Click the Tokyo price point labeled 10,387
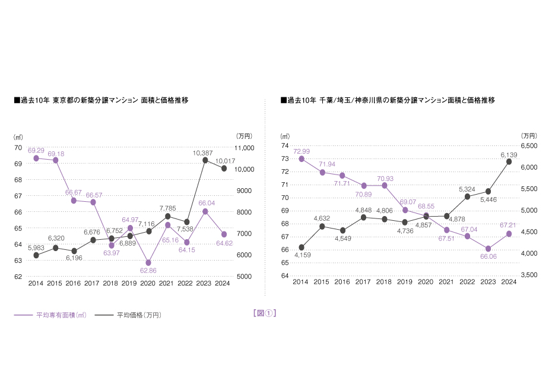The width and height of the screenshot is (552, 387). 205,160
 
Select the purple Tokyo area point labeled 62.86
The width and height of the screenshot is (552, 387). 148,262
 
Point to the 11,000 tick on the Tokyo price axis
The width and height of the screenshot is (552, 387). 245,148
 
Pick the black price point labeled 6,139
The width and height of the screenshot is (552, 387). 509,161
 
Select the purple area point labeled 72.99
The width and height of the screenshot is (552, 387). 302,159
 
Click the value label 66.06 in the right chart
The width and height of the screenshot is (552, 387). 488,256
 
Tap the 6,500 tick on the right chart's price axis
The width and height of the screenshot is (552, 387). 529,146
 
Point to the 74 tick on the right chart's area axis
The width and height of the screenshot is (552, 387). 284,146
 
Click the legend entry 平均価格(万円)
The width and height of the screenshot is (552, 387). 139,315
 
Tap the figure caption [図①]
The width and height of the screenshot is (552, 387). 265,313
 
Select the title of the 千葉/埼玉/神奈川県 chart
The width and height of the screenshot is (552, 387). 388,100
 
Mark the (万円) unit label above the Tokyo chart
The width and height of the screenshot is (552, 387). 243,136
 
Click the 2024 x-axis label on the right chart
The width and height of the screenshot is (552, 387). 509,283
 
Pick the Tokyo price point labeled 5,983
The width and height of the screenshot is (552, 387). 36,255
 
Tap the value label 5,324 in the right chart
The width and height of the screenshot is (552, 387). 467,189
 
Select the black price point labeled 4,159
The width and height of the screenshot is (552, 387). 302,248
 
